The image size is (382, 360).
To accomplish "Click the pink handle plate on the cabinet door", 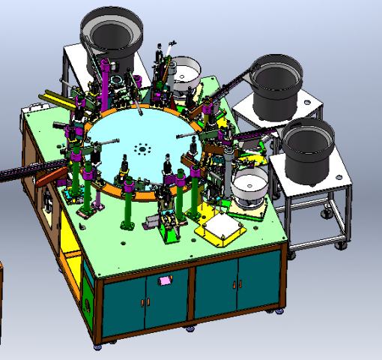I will (x=164, y=280).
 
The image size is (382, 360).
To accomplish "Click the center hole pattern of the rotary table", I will (x=139, y=148).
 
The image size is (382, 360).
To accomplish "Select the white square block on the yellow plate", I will (x=221, y=226).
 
